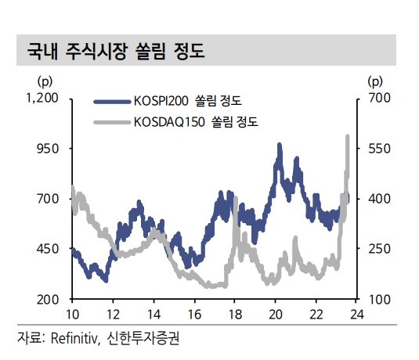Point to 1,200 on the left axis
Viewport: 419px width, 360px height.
pos(42,98)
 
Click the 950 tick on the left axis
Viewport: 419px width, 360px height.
pos(49,148)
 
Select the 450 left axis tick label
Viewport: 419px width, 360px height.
pos(49,249)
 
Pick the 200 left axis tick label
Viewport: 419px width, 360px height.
pos(49,300)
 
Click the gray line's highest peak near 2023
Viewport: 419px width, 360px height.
pos(347,137)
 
